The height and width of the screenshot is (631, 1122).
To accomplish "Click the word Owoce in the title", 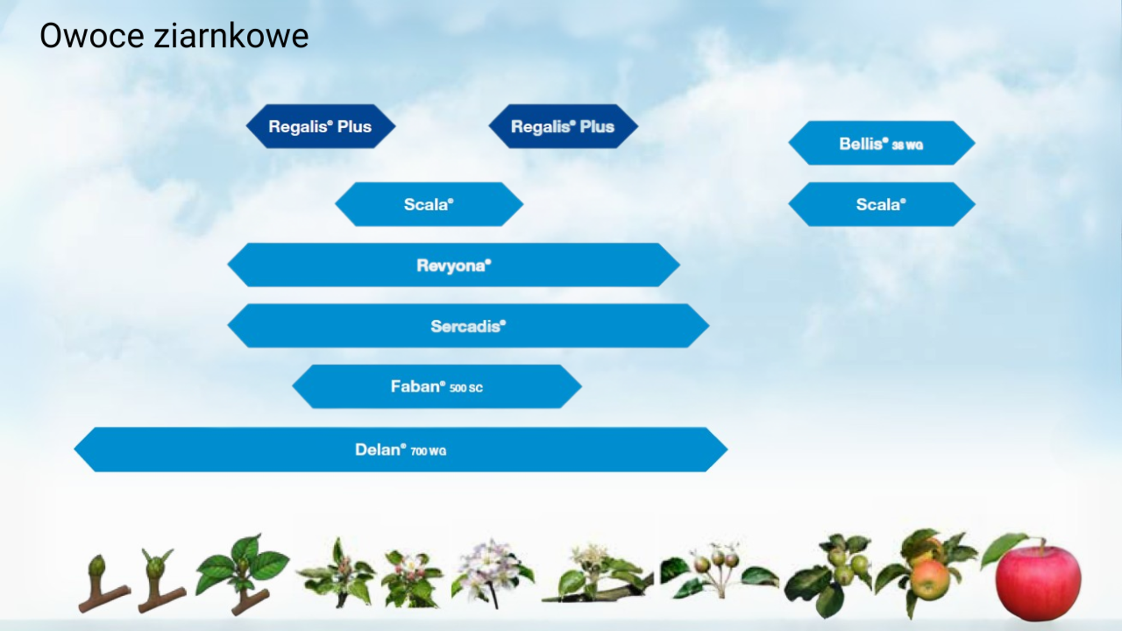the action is pyautogui.click(x=92, y=36).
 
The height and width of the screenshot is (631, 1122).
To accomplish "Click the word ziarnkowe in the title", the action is pyautogui.click(x=231, y=36).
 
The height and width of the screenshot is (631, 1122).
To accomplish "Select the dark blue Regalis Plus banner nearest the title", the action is pyautogui.click(x=320, y=126).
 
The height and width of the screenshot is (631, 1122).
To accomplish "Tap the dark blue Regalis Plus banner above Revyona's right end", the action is pyautogui.click(x=563, y=126).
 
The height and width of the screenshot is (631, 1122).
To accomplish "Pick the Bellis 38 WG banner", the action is pyautogui.click(x=881, y=143).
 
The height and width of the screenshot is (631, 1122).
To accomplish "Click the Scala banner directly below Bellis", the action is pyautogui.click(x=881, y=204).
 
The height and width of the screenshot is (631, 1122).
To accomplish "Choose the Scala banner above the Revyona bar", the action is pyautogui.click(x=429, y=204).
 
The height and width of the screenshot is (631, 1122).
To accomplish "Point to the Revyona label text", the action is pyautogui.click(x=454, y=265).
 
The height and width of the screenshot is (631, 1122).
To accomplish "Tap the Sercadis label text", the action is pyautogui.click(x=468, y=326).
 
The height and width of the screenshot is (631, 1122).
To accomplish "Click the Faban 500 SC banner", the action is pyautogui.click(x=437, y=386).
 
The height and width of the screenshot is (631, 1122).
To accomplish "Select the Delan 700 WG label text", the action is pyautogui.click(x=401, y=450).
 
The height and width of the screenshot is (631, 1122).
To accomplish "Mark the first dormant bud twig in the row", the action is pyautogui.click(x=103, y=583).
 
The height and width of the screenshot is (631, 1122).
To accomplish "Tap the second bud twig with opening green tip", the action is pyautogui.click(x=160, y=581).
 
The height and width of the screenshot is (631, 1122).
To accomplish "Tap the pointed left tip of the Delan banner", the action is pyautogui.click(x=75, y=449).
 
